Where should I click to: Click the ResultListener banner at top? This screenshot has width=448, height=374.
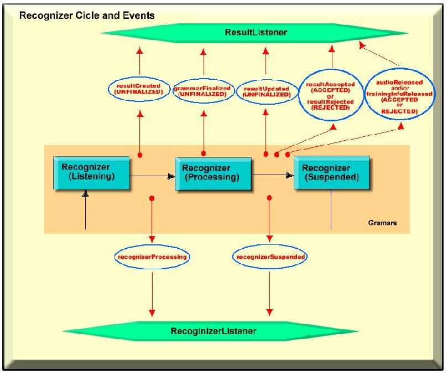[256, 33]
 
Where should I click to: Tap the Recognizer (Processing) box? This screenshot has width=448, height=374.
[212, 173]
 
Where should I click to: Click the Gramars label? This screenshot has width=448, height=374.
[382, 223]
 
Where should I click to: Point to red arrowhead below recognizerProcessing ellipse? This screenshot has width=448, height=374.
[152, 314]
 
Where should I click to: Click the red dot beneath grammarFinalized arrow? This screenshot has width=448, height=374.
[204, 153]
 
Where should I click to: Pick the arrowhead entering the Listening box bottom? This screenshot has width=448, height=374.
[85, 194]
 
